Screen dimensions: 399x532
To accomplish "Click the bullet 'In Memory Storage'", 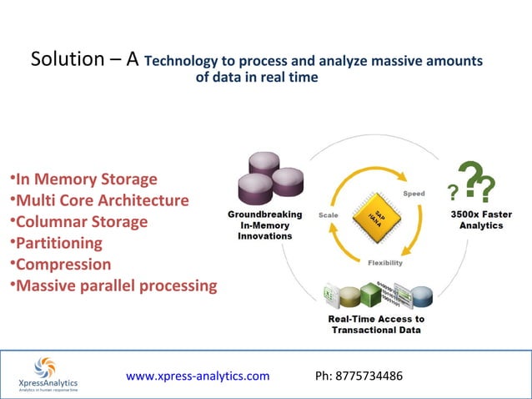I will pyautogui.click(x=83, y=179).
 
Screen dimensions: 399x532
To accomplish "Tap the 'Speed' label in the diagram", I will pyautogui.click(x=414, y=194).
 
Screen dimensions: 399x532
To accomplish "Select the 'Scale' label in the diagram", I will pyautogui.click(x=328, y=215).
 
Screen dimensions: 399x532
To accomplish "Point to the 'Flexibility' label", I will pyautogui.click(x=385, y=263).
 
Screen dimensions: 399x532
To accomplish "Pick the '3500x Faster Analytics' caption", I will pyautogui.click(x=481, y=220).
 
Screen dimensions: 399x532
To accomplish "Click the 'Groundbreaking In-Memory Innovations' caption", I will pyautogui.click(x=264, y=225).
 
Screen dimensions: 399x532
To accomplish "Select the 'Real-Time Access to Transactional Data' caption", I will pyautogui.click(x=378, y=325).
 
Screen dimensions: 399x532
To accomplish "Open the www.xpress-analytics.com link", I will pyautogui.click(x=198, y=376).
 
